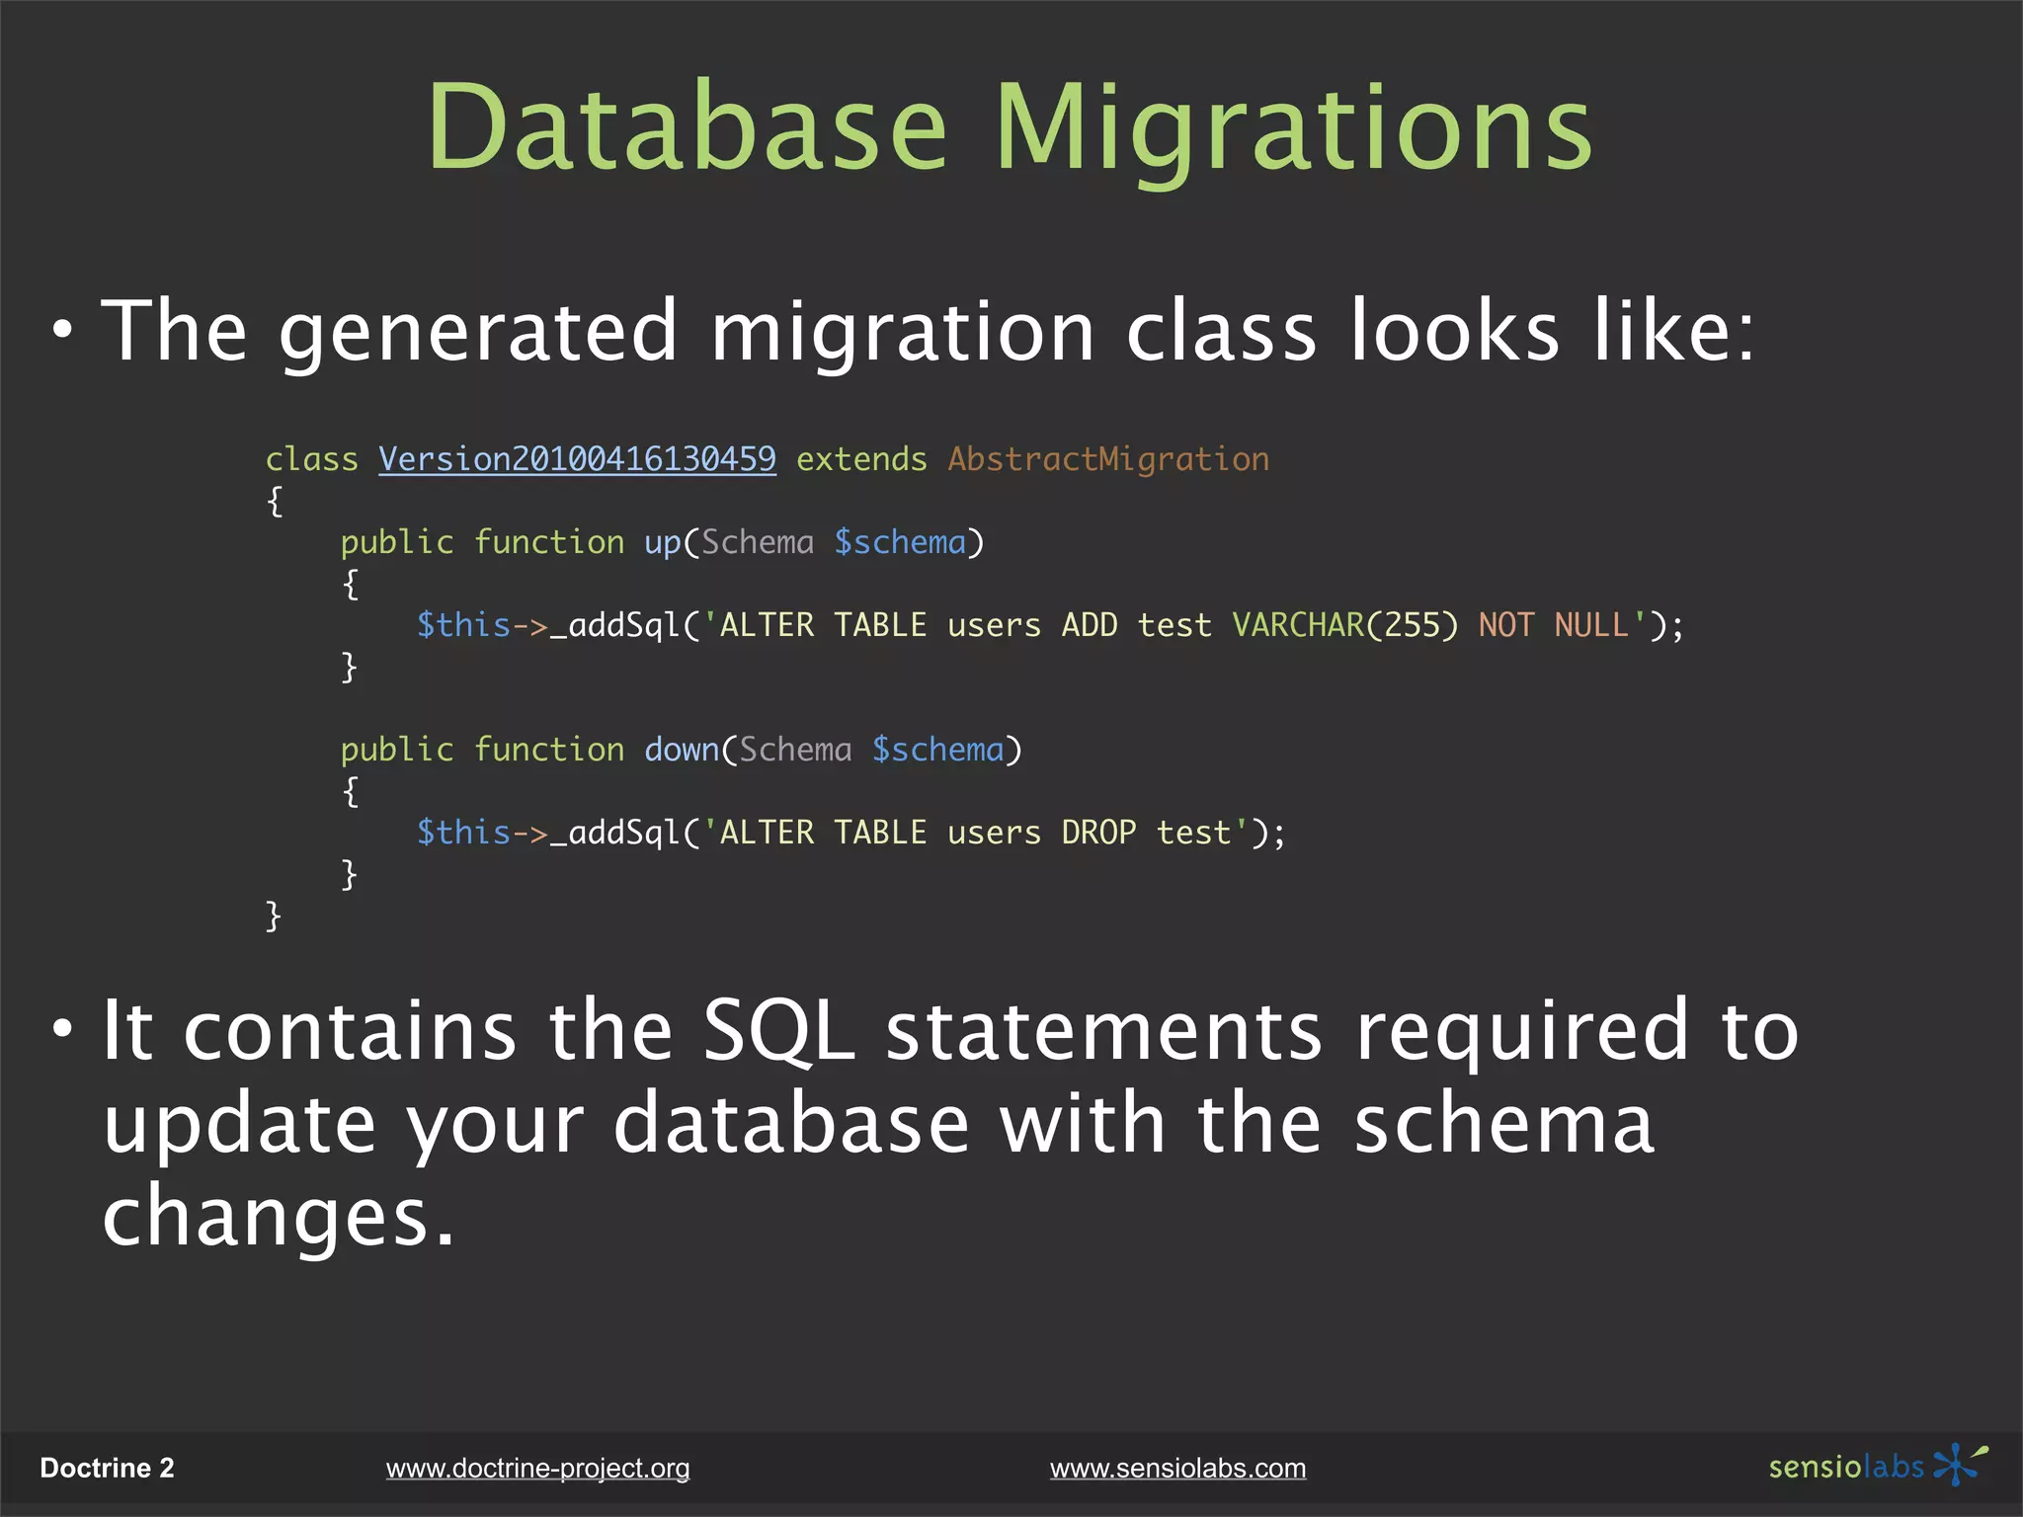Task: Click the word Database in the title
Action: (688, 128)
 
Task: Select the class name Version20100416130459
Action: (577, 459)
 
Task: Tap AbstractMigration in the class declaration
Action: (1108, 459)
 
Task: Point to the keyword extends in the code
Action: (861, 459)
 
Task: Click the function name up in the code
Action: (662, 543)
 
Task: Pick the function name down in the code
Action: (682, 750)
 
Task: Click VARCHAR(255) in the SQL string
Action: (1344, 625)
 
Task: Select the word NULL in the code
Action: (1591, 625)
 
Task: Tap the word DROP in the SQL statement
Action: (1098, 833)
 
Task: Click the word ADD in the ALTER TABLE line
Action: (1089, 625)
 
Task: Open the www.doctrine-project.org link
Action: (537, 1469)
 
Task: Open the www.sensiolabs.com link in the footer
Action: (1177, 1469)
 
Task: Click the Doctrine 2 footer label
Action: (107, 1469)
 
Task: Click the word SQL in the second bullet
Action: (778, 1032)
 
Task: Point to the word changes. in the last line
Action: (279, 1217)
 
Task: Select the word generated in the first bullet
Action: (478, 333)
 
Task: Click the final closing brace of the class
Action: (274, 916)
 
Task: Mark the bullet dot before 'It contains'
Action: (63, 1029)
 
